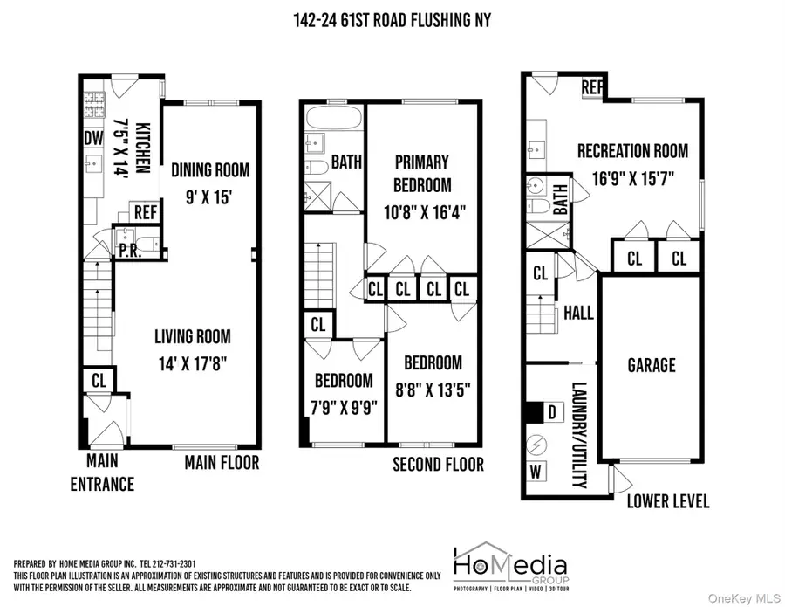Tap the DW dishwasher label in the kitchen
[x=93, y=139]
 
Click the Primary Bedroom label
[x=422, y=173]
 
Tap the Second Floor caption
[x=438, y=464]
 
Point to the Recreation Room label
[x=632, y=150]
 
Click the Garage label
[x=651, y=364]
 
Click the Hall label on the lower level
[x=578, y=313]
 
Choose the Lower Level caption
[x=668, y=501]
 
